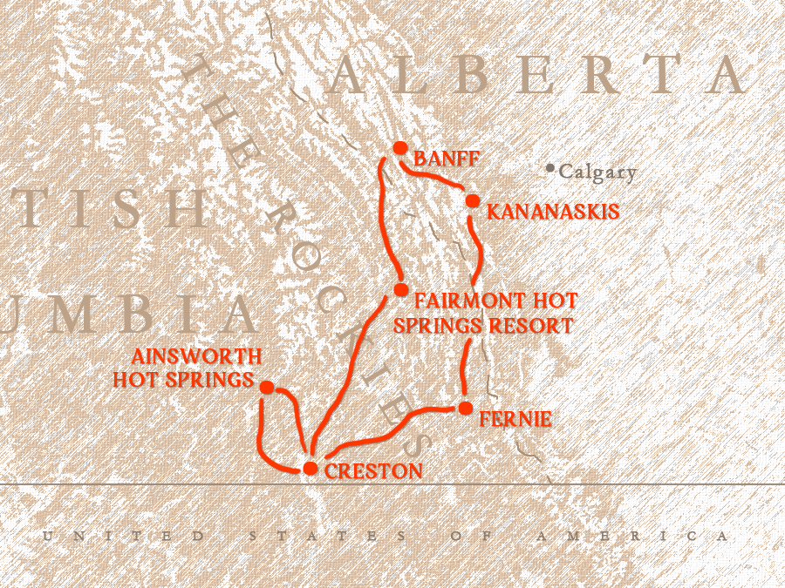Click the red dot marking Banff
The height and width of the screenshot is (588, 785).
coord(400,148)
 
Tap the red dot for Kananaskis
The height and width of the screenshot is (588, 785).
coord(472,201)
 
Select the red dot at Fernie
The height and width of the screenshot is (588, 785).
coord(465,408)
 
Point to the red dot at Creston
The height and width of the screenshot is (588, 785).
coord(310,469)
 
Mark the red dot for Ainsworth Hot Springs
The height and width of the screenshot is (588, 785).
coord(267,387)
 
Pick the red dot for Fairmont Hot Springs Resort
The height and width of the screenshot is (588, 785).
coord(400,289)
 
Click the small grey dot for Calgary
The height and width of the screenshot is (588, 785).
coord(549,169)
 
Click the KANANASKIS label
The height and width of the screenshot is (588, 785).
coord(552,212)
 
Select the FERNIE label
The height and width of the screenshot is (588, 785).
coord(515,419)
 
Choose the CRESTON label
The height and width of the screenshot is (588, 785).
coord(373,471)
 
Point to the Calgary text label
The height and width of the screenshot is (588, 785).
coord(597,172)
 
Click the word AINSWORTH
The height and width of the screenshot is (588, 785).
coord(196,356)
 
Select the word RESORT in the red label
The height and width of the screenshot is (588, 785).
coord(533,326)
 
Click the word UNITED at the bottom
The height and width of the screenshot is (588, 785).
coord(124,536)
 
